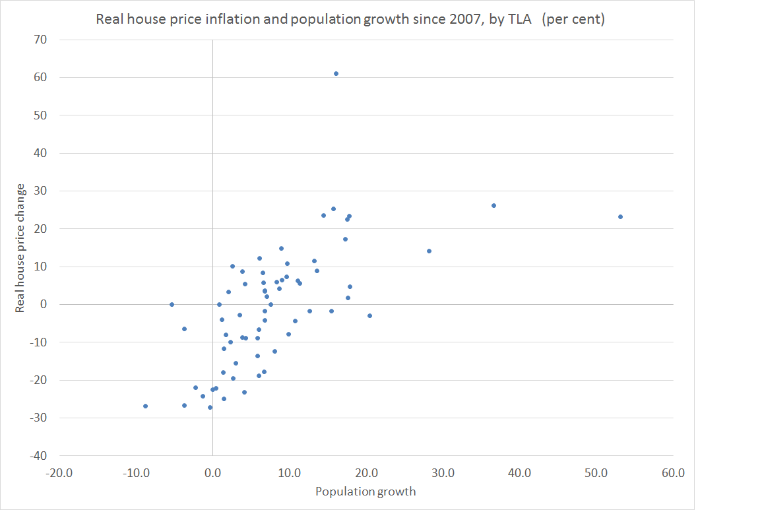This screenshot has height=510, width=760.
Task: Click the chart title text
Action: pyautogui.click(x=350, y=19)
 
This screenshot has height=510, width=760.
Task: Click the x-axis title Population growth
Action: pyautogui.click(x=365, y=492)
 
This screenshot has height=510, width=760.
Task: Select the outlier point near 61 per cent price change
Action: pyautogui.click(x=336, y=74)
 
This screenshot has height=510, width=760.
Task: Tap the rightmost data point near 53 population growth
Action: pyautogui.click(x=620, y=216)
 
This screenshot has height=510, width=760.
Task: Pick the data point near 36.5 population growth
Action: pyautogui.click(x=493, y=205)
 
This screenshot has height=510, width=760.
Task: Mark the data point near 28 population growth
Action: pyautogui.click(x=429, y=251)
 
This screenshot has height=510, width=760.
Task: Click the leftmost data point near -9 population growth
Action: pyautogui.click(x=145, y=406)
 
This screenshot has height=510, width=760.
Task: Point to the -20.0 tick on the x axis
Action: pyautogui.click(x=59, y=473)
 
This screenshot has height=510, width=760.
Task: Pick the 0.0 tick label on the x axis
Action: pyautogui.click(x=212, y=473)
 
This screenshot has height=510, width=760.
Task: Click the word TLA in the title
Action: pyautogui.click(x=523, y=19)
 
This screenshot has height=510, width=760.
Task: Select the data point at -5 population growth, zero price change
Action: pyautogui.click(x=172, y=304)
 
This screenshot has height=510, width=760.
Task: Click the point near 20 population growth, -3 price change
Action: pyautogui.click(x=369, y=315)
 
